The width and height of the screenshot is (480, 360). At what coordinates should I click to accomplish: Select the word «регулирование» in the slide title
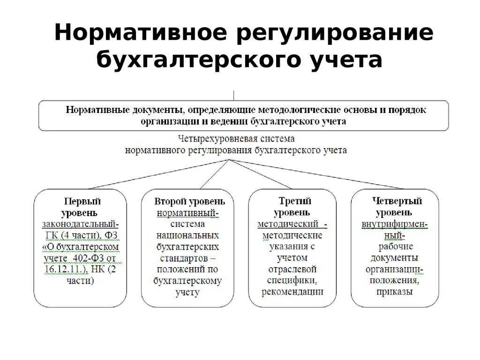[x=331, y=34]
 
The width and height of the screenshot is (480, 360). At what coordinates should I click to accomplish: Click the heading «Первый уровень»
[x=82, y=207]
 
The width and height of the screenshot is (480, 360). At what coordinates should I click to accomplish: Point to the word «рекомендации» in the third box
[x=292, y=292]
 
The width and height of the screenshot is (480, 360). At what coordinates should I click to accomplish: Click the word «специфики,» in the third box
[x=292, y=280]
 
